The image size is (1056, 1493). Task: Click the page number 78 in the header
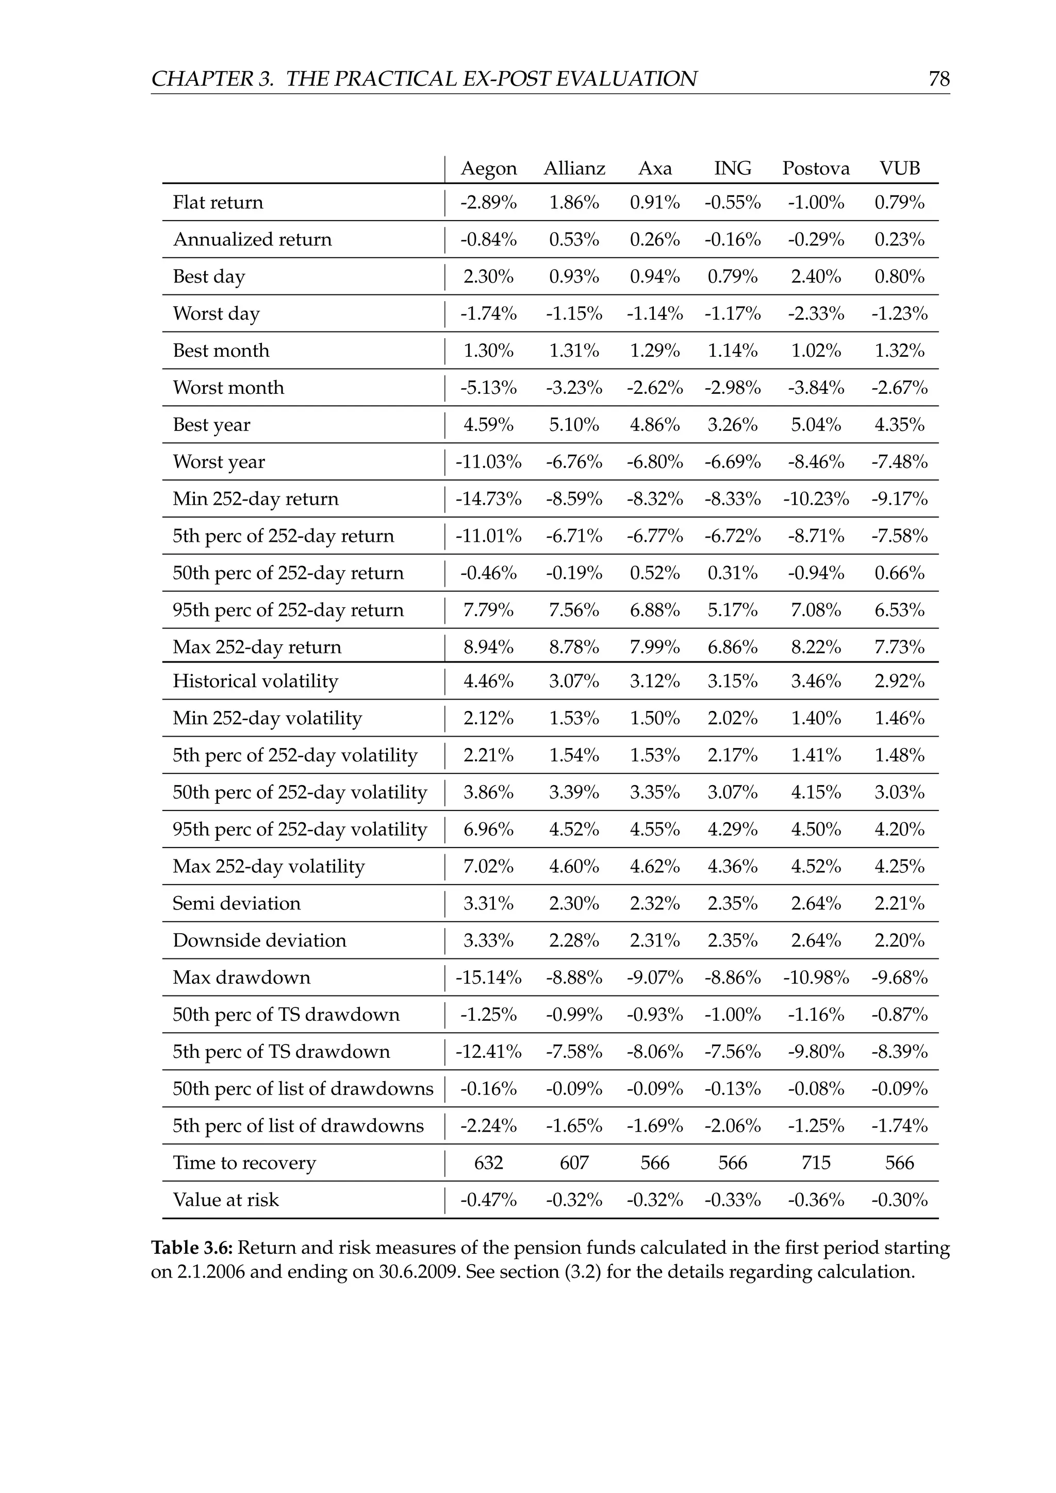tap(939, 79)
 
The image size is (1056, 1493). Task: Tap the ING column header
tap(732, 169)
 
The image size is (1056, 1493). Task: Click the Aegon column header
tap(488, 169)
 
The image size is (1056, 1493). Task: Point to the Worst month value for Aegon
tap(488, 388)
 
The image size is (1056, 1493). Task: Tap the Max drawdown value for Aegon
tap(488, 977)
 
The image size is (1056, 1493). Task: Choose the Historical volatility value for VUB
tap(899, 682)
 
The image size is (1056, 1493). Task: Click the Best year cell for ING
tap(732, 425)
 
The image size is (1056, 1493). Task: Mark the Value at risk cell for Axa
tap(655, 1200)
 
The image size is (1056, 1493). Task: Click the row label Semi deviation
tap(237, 903)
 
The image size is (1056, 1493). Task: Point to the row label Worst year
tap(219, 462)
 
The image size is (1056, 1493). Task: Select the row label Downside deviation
tap(259, 940)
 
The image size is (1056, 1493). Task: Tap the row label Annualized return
tap(252, 240)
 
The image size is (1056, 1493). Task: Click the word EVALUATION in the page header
tap(627, 79)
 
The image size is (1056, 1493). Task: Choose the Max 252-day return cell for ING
tap(732, 648)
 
